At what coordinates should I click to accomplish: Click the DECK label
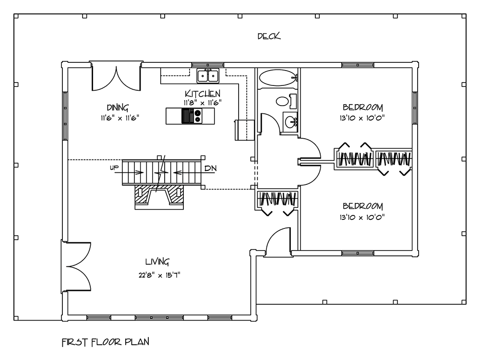click(269, 36)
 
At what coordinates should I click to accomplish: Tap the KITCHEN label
click(203, 94)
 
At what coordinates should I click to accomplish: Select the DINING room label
click(118, 108)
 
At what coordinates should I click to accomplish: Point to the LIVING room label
click(157, 262)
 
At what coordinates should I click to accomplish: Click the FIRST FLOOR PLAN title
click(106, 342)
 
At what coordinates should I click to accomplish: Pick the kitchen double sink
click(208, 76)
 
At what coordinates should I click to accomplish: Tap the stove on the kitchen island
click(192, 116)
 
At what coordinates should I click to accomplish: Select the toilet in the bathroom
click(287, 101)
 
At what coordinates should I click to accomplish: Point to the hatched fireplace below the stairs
click(159, 197)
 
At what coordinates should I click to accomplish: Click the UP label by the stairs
click(114, 168)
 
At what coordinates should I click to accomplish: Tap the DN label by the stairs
click(210, 168)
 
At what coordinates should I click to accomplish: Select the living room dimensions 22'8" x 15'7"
click(159, 275)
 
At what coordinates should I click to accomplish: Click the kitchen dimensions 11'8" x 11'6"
click(203, 103)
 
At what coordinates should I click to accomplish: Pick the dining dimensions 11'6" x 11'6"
click(120, 118)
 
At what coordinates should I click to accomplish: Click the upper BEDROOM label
click(362, 108)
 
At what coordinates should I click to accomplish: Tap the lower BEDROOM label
click(362, 206)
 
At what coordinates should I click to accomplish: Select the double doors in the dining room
click(116, 76)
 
